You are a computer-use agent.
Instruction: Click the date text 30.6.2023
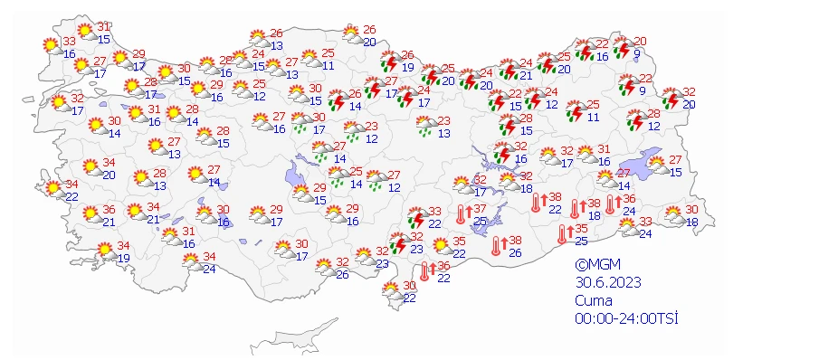(607, 282)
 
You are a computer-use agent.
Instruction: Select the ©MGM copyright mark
(597, 264)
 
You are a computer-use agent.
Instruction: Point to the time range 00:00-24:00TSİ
(626, 317)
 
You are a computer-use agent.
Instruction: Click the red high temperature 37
(480, 209)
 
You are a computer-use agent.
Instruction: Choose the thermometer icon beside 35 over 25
(563, 233)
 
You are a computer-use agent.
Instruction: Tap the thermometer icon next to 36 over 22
(424, 270)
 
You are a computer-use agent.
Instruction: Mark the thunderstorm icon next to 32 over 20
(671, 97)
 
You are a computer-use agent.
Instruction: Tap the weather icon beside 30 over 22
(392, 291)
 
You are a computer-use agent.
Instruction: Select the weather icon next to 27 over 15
(658, 166)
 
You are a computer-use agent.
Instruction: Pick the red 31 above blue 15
(103, 26)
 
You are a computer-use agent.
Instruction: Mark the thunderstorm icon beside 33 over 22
(417, 217)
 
